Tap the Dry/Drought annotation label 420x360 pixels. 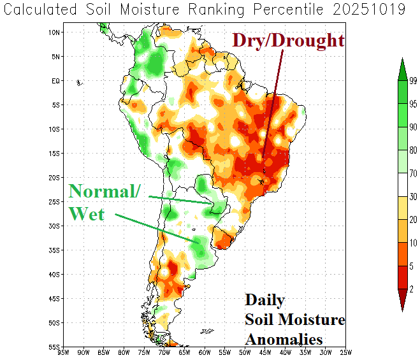click(288, 40)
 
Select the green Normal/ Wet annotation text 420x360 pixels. click(102, 201)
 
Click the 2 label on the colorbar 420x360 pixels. click(412, 289)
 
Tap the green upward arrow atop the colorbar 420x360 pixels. click(402, 68)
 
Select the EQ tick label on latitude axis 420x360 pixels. click(55, 81)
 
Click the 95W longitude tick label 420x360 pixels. click(63, 352)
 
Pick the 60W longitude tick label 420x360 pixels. click(205, 352)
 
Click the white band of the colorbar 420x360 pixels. click(402, 184)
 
